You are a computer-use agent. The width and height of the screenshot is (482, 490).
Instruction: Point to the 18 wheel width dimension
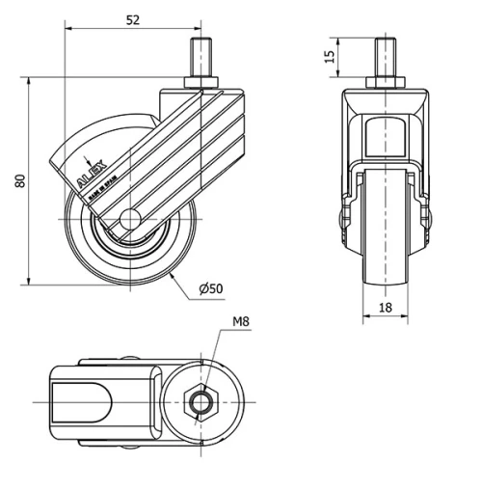(384, 308)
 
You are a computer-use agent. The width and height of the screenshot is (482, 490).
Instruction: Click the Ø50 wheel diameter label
(211, 288)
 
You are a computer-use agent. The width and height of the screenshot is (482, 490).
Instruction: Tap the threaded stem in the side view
(201, 57)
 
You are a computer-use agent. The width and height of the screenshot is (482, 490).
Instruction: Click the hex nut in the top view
(200, 400)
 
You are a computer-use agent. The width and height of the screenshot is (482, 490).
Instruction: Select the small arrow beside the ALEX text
(87, 159)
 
